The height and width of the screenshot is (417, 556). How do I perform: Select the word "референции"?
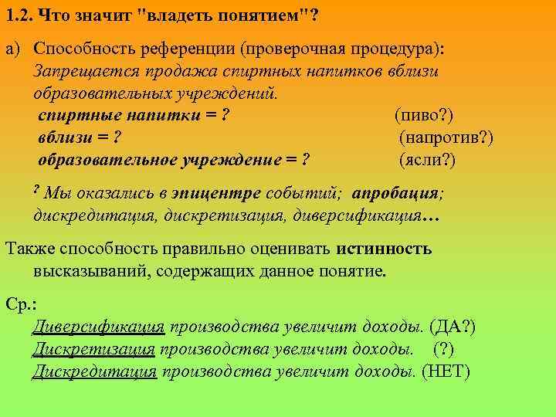pyautogui.click(x=189, y=50)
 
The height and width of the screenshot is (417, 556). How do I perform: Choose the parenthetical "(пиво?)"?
pyautogui.click(x=424, y=117)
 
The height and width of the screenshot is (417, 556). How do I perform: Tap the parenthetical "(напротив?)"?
pyautogui.click(x=446, y=138)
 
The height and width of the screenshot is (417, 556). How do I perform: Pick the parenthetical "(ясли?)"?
pyautogui.click(x=427, y=161)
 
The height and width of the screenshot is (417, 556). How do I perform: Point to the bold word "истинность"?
pyautogui.click(x=384, y=249)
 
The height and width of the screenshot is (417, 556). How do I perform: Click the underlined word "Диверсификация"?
pyautogui.click(x=98, y=327)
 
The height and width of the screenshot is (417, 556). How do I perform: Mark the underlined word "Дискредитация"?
pyautogui.click(x=94, y=371)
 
